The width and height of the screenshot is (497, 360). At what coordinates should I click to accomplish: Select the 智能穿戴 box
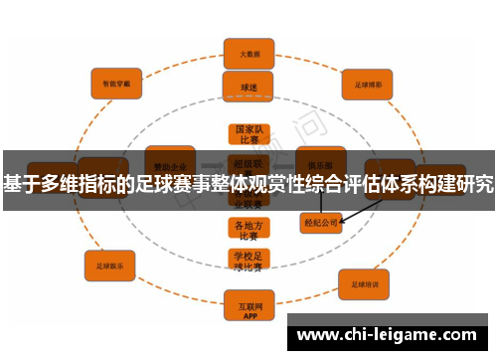click(117, 84)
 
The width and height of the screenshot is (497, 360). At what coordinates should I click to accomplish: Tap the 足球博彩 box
click(368, 84)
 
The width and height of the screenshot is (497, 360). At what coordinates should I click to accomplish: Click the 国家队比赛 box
click(248, 134)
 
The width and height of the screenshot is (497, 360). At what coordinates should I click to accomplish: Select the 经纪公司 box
click(321, 223)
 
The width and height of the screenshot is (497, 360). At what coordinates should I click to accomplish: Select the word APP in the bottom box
click(248, 309)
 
